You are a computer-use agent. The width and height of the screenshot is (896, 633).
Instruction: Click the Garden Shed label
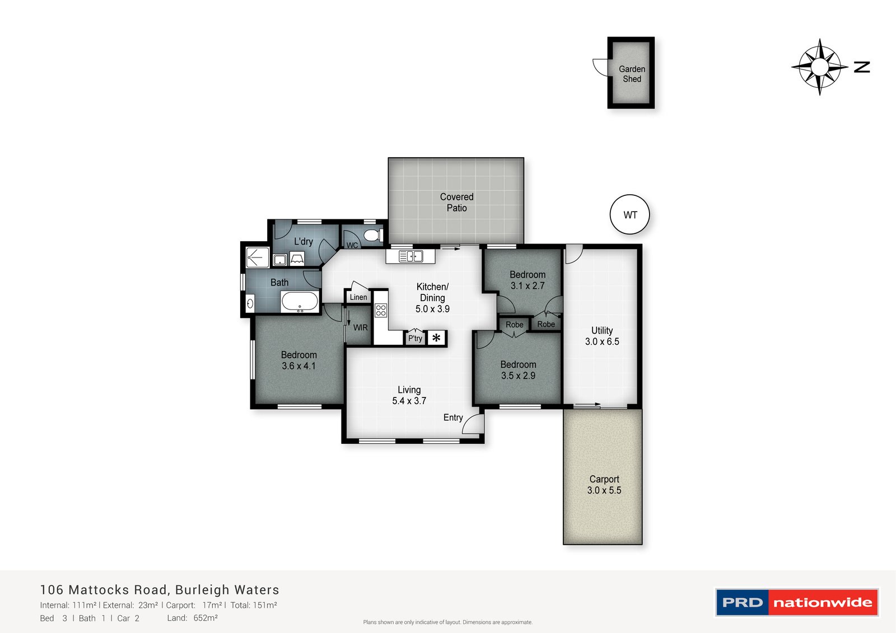(x=632, y=74)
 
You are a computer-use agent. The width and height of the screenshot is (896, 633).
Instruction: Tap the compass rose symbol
(x=820, y=67)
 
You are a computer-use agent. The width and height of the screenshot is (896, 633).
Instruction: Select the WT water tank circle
(x=629, y=214)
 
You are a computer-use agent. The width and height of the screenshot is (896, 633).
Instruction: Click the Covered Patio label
(x=456, y=203)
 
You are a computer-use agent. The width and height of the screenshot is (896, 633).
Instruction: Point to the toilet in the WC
(x=372, y=235)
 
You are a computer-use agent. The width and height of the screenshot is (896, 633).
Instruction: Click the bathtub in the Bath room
(x=300, y=301)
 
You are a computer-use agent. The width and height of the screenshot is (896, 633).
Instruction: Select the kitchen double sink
(x=411, y=256)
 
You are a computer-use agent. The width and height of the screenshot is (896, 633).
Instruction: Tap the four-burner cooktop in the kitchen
(x=381, y=310)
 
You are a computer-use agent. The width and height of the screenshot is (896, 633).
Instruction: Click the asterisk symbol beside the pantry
(x=436, y=338)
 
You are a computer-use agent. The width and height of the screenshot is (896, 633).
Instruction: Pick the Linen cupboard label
(x=358, y=297)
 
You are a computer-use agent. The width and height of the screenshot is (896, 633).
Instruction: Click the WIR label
(x=360, y=327)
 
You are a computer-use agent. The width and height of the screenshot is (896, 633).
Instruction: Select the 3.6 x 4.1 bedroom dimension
(x=298, y=366)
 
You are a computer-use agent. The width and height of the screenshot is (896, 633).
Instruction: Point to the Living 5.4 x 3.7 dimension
(x=409, y=401)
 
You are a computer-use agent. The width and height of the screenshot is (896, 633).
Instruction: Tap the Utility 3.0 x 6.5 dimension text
(x=602, y=341)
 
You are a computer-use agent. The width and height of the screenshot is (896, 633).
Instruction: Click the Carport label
(x=604, y=479)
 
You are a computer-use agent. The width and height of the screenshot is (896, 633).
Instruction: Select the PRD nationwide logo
(x=796, y=602)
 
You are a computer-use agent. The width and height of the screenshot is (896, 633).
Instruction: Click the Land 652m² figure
(x=205, y=618)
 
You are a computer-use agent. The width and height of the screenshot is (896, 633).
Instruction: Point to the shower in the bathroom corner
(x=257, y=257)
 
